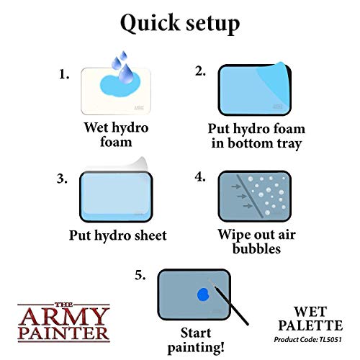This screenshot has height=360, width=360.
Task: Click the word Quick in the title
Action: [x=150, y=23]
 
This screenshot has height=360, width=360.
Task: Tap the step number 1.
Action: [x=64, y=74]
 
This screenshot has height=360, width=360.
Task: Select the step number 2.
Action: [x=200, y=71]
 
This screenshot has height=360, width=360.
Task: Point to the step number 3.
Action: [x=62, y=179]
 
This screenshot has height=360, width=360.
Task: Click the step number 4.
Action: [x=200, y=177]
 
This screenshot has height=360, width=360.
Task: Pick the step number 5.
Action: [x=140, y=275]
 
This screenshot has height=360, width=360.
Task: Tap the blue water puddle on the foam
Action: [x=120, y=85]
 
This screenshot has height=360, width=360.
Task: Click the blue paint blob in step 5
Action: [x=203, y=294]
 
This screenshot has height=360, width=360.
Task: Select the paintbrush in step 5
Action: [x=228, y=302]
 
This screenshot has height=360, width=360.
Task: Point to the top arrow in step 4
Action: [x=236, y=186]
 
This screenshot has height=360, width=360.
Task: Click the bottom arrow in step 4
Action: [x=248, y=206]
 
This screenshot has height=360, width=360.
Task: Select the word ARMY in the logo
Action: [x=64, y=317]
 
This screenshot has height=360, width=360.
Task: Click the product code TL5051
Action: [x=330, y=340]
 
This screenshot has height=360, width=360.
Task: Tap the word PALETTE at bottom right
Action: [x=310, y=325]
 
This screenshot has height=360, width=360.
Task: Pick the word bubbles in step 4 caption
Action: [x=256, y=248]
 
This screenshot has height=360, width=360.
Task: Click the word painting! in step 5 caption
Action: [x=196, y=348]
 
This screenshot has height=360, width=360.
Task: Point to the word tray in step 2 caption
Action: [x=289, y=143]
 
